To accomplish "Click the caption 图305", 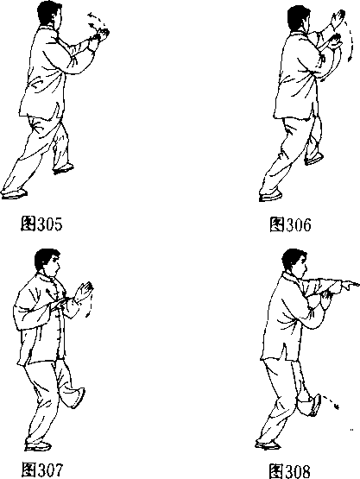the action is click(41, 224).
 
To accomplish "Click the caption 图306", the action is click(290, 224).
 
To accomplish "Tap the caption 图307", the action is click(42, 470).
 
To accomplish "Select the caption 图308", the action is click(290, 470).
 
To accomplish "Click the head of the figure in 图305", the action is click(49, 15).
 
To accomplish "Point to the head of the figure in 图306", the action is click(299, 18).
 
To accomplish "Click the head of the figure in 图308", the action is click(294, 262).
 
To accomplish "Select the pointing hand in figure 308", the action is click(350, 286).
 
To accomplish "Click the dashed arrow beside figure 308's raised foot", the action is click(331, 401).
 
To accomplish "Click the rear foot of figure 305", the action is click(14, 193).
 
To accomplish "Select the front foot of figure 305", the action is click(63, 169).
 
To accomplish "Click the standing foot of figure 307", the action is click(38, 445).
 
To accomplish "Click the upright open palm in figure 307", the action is click(84, 292).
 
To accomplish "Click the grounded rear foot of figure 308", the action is click(268, 445).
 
